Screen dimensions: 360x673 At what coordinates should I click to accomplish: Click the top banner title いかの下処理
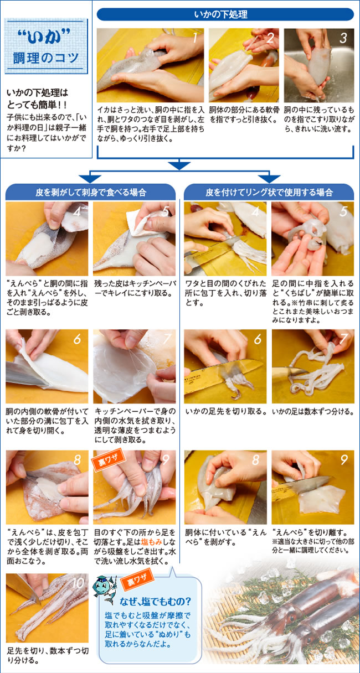click(x=221, y=14)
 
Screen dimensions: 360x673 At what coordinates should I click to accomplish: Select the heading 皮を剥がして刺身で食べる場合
click(x=91, y=192)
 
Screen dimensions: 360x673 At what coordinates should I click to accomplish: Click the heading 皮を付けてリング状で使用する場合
click(x=269, y=192)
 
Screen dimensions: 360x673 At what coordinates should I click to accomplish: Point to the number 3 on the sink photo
click(x=343, y=38)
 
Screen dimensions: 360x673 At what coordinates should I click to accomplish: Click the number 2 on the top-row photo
click(x=270, y=38)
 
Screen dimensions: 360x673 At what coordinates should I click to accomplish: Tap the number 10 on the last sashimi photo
click(x=78, y=583)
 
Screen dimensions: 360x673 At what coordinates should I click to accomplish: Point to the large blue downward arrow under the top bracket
click(x=179, y=165)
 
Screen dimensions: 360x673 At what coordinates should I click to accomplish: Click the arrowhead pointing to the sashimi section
click(x=90, y=178)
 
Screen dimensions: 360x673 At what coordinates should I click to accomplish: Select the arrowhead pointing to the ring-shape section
click(x=269, y=178)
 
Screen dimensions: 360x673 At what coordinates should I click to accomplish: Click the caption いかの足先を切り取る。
click(x=225, y=411)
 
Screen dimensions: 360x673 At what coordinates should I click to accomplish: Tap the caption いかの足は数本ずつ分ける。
click(x=313, y=411)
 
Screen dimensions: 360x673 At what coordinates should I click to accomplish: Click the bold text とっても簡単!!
click(x=37, y=105)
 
